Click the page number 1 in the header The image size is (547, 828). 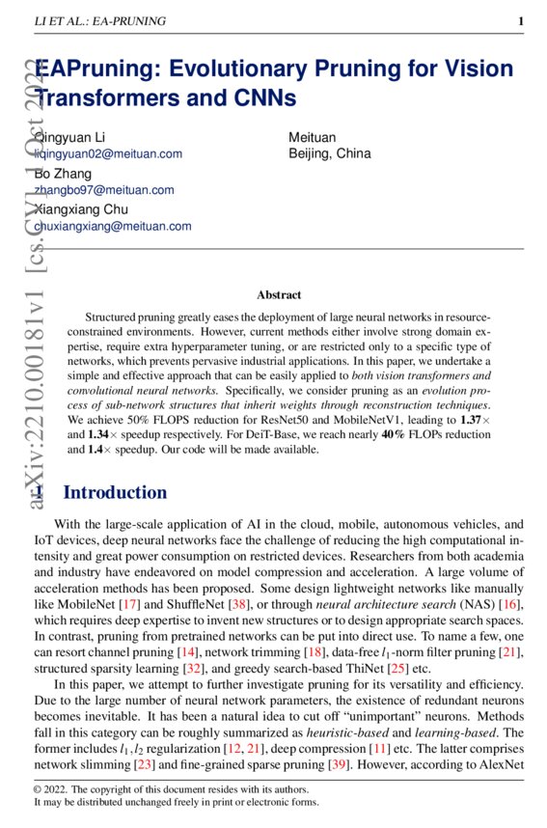pos(520,21)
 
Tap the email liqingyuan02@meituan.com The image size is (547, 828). pos(108,153)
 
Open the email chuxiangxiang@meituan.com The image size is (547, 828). pos(113,226)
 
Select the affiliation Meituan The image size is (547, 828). pos(313,137)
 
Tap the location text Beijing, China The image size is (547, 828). pos(330,153)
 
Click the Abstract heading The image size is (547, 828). pos(279,294)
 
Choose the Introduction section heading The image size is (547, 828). pos(115,493)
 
